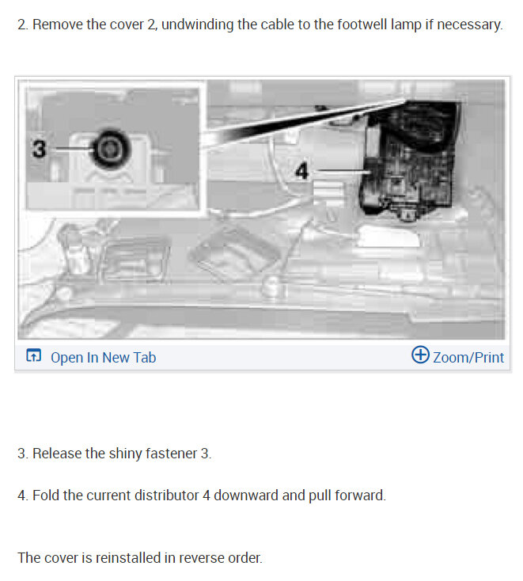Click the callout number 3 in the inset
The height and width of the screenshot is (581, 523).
pos(39,148)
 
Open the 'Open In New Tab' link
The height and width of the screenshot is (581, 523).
pos(103,357)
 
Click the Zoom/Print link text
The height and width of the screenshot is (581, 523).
pos(468,357)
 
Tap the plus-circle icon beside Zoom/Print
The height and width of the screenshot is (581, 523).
pos(421,355)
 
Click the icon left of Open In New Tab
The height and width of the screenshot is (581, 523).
pos(33,357)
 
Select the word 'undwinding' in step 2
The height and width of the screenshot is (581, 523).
pos(198,25)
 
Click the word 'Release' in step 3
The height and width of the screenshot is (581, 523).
pos(57,454)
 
